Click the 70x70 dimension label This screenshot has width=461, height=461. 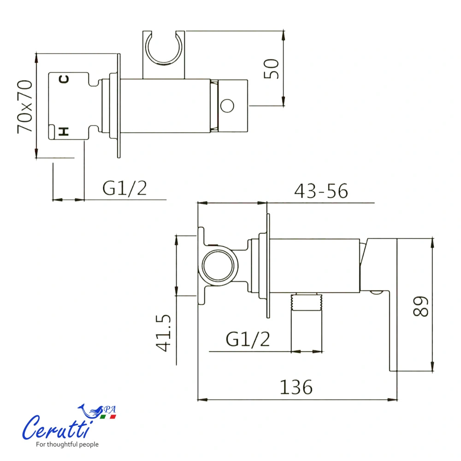click(x=25, y=106)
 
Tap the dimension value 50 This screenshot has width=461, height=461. click(x=271, y=69)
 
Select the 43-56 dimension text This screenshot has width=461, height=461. click(x=321, y=191)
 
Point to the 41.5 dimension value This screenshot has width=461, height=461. click(x=163, y=333)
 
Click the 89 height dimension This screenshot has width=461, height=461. click(x=420, y=307)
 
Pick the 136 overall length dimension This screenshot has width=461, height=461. click(x=296, y=387)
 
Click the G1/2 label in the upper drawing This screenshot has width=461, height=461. click(x=124, y=188)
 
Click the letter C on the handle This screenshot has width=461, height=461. click(x=64, y=79)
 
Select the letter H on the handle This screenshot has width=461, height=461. click(x=64, y=131)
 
